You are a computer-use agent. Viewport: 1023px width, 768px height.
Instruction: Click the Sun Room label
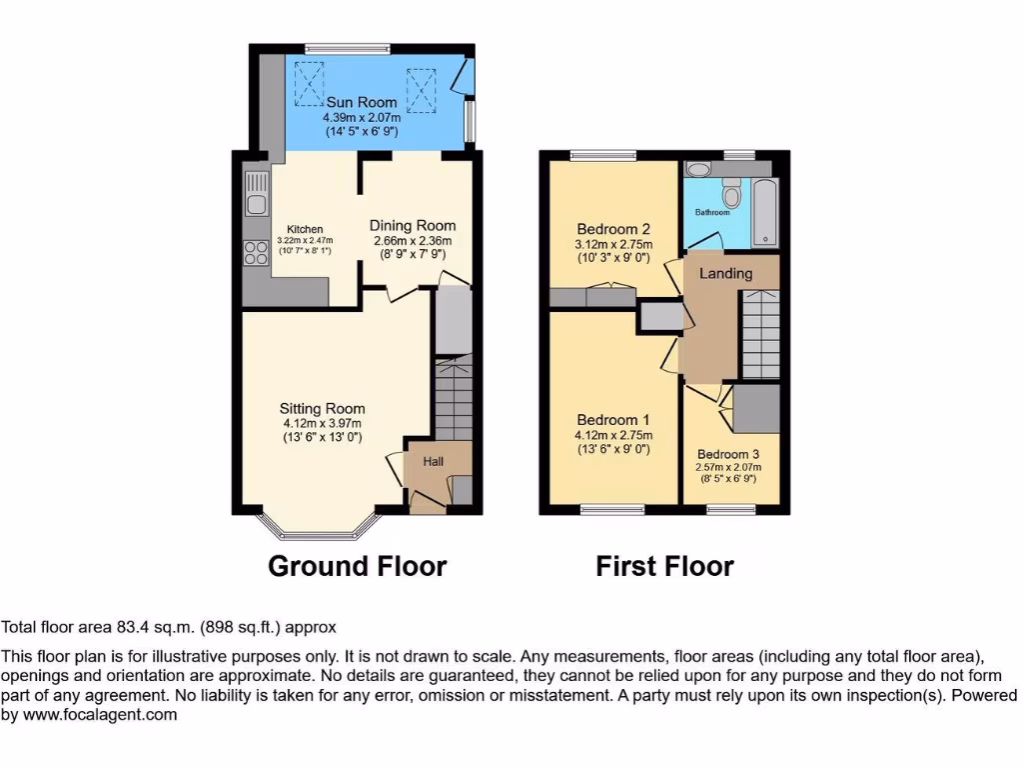tap(362, 102)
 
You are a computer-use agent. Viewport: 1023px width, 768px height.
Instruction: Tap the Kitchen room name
tap(305, 229)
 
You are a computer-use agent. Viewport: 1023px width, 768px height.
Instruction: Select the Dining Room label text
tap(413, 226)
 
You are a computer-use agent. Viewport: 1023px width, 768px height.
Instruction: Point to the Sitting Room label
tap(322, 408)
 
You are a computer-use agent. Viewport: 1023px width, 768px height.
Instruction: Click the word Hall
tap(434, 461)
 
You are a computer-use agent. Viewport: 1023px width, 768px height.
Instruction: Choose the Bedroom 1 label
tap(612, 420)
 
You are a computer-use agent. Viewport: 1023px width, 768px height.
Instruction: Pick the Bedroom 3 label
tap(728, 453)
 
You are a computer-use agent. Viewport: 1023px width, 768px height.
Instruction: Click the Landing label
tap(725, 273)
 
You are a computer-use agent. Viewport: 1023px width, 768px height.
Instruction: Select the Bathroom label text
tap(712, 212)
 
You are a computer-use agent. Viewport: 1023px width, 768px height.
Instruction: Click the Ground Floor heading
tap(357, 567)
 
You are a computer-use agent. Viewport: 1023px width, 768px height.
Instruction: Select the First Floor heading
tap(664, 567)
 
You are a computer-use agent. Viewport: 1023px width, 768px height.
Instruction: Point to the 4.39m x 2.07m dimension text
tap(362, 117)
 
